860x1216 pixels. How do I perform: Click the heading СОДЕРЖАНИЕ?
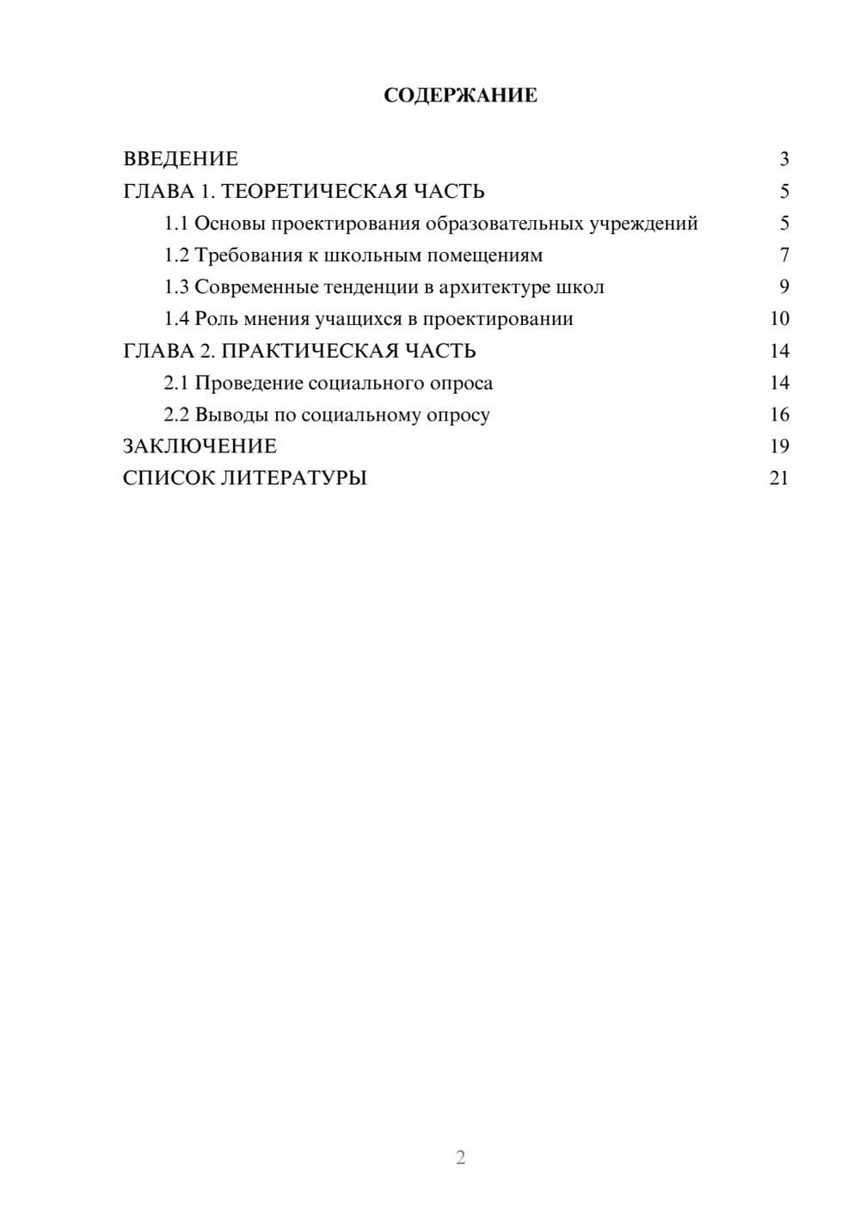460,95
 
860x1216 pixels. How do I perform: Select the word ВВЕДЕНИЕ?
181,159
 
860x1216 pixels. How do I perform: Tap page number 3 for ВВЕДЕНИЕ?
783,159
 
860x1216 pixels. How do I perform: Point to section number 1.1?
176,224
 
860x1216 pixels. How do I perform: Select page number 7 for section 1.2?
783,255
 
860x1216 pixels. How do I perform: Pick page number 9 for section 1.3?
783,287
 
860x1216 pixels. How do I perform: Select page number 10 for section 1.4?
779,319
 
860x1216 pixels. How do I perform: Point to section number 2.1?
176,383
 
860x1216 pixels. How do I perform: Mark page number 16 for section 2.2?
779,415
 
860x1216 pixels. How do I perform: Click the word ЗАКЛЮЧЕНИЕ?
200,446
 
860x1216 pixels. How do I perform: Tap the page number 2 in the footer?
460,1158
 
